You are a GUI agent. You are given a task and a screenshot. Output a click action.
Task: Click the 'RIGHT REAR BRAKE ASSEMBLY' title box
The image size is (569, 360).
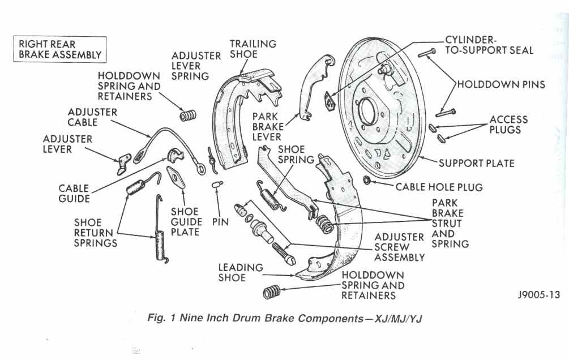pyautogui.click(x=60, y=49)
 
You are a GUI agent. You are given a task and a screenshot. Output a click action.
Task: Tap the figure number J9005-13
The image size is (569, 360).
pyautogui.click(x=539, y=295)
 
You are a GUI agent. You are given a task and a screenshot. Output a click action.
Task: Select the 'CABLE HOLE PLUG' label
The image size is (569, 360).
pyautogui.click(x=439, y=187)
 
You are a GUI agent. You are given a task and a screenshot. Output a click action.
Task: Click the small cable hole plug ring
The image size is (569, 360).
pyautogui.click(x=366, y=179)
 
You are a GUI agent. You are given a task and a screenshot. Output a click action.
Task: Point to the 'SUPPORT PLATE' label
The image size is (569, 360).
pyautogui.click(x=477, y=164)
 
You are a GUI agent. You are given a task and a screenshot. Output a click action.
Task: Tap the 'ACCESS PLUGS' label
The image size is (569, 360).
pyautogui.click(x=508, y=125)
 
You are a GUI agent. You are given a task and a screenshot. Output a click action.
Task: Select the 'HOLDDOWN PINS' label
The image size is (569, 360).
pyautogui.click(x=501, y=84)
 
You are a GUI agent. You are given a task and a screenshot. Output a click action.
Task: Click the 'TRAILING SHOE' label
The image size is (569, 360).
pyautogui.click(x=253, y=49)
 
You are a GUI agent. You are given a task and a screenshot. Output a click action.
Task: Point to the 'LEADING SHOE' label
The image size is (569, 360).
pyautogui.click(x=241, y=272)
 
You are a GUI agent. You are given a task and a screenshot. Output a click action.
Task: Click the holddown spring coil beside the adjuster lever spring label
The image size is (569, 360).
pyautogui.click(x=188, y=116)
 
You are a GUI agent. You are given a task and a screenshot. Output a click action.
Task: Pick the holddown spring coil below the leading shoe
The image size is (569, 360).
pyautogui.click(x=272, y=292)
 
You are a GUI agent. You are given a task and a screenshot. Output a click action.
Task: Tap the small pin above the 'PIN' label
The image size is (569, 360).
pyautogui.click(x=217, y=185)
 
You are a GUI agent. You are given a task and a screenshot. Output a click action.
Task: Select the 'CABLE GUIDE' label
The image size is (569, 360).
pyautogui.click(x=74, y=194)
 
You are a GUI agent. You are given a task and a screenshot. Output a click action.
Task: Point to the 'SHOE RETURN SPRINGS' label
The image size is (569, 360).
pyautogui.click(x=96, y=233)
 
